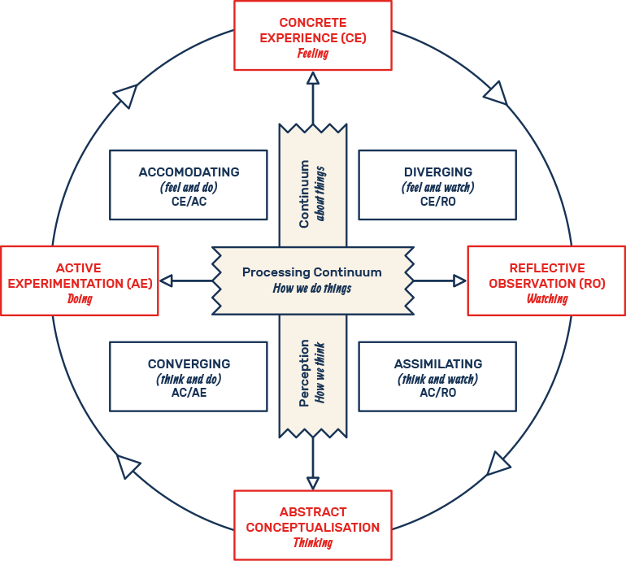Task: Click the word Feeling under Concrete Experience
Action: (312, 54)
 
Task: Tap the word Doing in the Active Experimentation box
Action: (80, 298)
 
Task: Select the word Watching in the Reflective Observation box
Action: (546, 298)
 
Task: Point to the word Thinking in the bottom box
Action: (312, 542)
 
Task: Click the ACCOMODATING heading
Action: (189, 172)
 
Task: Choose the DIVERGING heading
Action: (437, 172)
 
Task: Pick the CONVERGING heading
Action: (189, 364)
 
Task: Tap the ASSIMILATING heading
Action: (437, 364)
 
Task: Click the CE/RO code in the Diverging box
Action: (437, 201)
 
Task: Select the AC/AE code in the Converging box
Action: (189, 393)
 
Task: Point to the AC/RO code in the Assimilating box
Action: (437, 393)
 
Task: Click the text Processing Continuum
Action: (312, 272)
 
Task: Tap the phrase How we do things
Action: (312, 288)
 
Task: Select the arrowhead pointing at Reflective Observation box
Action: (459, 280)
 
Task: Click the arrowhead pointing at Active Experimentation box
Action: (167, 280)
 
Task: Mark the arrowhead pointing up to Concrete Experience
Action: (313, 78)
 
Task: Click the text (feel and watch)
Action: (437, 187)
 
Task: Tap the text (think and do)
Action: (189, 379)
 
